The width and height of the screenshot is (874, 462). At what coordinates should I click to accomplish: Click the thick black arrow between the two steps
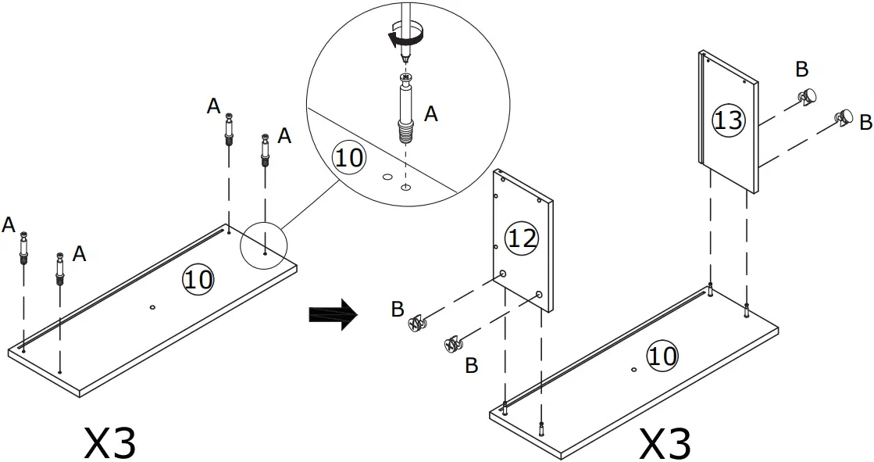pos(333,314)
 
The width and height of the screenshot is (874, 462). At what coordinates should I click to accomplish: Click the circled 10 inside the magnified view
pos(348,157)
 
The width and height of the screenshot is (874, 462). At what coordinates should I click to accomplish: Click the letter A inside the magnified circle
pos(430,114)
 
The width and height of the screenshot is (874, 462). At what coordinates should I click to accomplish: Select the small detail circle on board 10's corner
pos(264,245)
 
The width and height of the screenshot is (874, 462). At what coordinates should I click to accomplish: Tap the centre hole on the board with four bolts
pos(152,309)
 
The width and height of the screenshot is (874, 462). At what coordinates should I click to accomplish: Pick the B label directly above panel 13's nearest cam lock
pos(801,70)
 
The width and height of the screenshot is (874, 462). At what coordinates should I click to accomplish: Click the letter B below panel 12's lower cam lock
pos(471,365)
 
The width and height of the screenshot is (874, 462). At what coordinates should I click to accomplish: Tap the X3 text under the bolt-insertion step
pos(110,442)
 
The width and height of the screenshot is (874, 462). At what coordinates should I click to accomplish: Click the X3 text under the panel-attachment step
pos(665,442)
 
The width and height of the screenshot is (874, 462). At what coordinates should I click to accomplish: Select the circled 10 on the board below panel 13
pos(662,356)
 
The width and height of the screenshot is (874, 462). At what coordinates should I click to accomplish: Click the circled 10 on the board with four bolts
pos(198,278)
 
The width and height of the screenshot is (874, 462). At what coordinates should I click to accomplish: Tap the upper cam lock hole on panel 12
pos(503,274)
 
